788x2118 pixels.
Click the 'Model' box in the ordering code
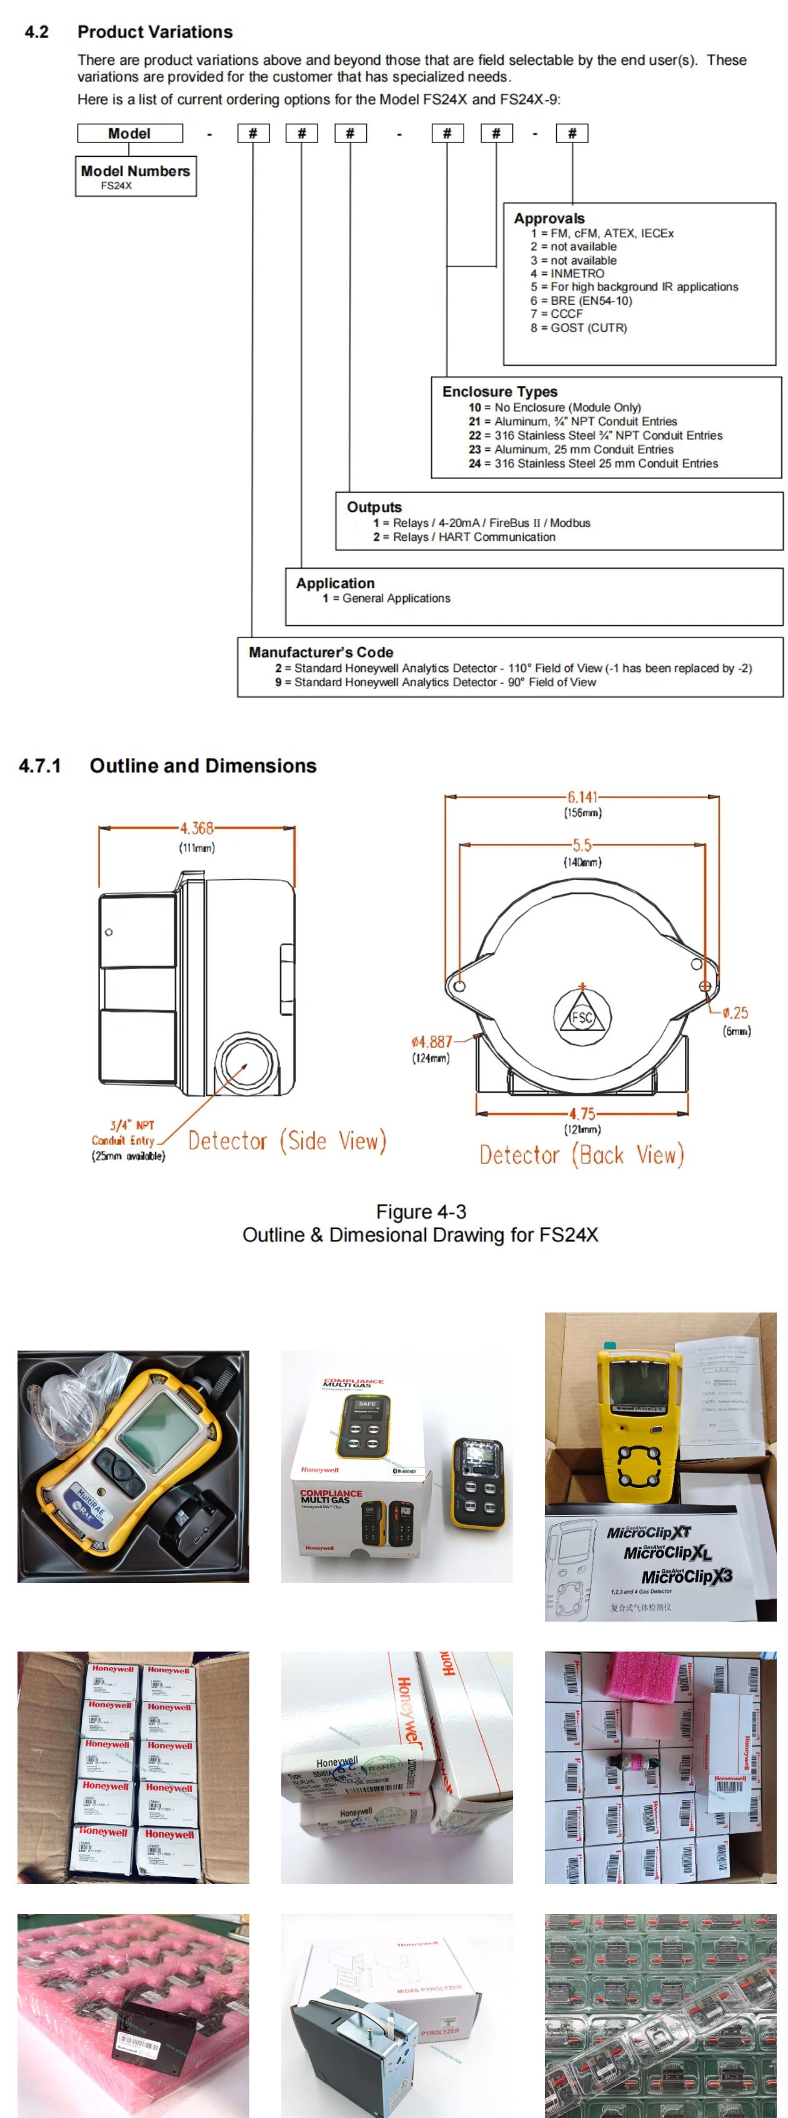click(x=129, y=133)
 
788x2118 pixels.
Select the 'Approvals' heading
click(x=549, y=218)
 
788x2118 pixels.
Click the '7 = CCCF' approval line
click(x=557, y=313)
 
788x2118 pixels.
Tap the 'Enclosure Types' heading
click(x=499, y=392)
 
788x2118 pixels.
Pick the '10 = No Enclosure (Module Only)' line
click(x=554, y=407)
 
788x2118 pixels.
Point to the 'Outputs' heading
click(x=374, y=506)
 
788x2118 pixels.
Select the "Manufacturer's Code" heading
click(x=321, y=651)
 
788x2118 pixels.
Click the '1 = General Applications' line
click(x=387, y=598)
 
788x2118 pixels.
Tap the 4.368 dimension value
click(x=197, y=828)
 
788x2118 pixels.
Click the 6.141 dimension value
click(x=582, y=797)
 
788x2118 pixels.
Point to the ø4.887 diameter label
click(x=431, y=1042)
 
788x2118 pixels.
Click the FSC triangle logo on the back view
click(x=582, y=1017)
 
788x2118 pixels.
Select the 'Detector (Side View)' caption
click(x=287, y=1140)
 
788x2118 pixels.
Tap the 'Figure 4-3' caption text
click(x=421, y=1211)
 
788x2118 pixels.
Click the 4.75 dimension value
click(x=582, y=1114)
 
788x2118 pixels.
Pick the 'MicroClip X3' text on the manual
click(x=686, y=1576)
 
